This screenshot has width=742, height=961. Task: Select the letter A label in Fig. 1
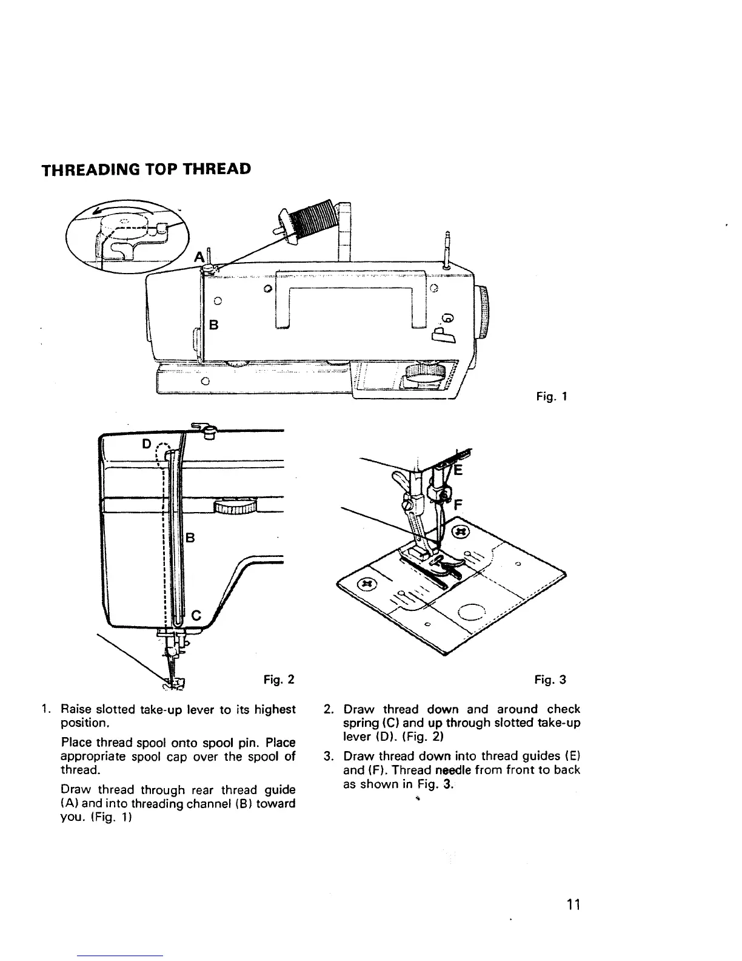(x=198, y=257)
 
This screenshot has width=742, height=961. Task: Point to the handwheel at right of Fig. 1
(x=484, y=312)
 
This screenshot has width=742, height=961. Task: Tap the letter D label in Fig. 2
(x=146, y=443)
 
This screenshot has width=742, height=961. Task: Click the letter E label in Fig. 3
(x=458, y=471)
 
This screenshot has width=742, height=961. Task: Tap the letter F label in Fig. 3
(x=459, y=504)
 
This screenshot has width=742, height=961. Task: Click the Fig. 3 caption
(x=550, y=679)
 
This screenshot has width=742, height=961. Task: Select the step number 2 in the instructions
(x=328, y=709)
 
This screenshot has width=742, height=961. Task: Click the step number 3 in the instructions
(x=328, y=757)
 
